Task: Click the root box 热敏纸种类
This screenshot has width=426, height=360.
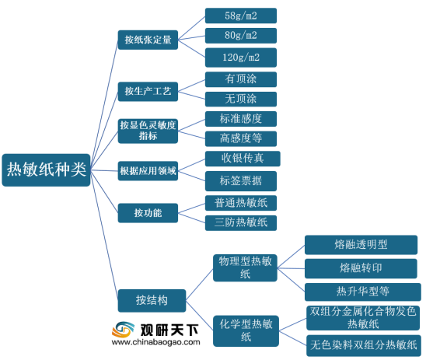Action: (46, 170)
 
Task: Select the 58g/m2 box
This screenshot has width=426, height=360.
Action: (241, 16)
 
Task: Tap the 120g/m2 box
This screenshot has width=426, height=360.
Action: (241, 58)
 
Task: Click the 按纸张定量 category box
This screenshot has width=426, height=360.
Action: (148, 40)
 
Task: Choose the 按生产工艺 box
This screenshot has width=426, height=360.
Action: (148, 92)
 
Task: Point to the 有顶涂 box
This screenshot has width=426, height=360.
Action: (241, 79)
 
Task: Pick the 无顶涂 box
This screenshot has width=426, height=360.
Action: (241, 100)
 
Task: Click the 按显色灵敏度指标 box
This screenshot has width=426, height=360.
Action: (148, 131)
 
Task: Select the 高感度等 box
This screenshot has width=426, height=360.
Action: (241, 139)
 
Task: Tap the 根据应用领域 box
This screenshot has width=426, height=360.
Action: (148, 171)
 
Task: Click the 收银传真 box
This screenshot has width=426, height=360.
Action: (243, 159)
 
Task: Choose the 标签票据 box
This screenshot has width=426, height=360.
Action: (241, 181)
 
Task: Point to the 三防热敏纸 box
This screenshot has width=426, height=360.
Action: (241, 223)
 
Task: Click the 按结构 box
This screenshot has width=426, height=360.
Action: (152, 301)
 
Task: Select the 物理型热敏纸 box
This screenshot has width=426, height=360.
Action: (245, 268)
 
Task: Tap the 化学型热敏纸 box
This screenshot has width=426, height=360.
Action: (246, 331)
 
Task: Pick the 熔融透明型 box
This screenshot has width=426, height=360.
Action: (361, 245)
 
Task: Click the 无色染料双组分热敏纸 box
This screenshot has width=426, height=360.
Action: (364, 345)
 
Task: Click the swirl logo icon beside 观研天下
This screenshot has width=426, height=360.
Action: (123, 330)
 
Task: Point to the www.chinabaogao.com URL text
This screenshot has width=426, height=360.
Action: (155, 342)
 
